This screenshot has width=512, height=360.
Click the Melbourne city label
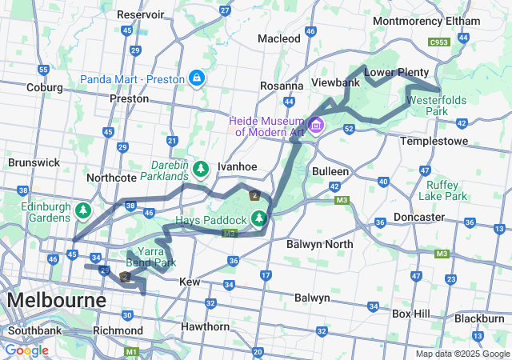[x=56, y=301]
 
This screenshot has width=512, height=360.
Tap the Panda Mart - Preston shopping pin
[x=196, y=78]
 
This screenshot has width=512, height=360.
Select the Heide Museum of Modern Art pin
[x=316, y=126]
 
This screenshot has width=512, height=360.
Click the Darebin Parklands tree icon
[x=201, y=168]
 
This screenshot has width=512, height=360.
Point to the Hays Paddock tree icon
[x=258, y=218]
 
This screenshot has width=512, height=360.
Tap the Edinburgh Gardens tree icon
[x=83, y=211]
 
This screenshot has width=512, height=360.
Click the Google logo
[x=26, y=350]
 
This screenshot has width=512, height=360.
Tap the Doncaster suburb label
[x=419, y=217]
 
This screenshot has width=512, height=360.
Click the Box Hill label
[x=412, y=314]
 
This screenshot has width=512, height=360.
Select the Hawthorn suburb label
[x=206, y=326]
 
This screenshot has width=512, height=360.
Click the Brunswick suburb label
[x=34, y=162]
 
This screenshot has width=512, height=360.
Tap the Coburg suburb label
[x=44, y=87]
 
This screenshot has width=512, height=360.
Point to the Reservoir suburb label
[x=140, y=14]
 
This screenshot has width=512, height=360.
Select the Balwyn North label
[x=319, y=243]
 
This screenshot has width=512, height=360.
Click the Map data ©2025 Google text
[x=462, y=354]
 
